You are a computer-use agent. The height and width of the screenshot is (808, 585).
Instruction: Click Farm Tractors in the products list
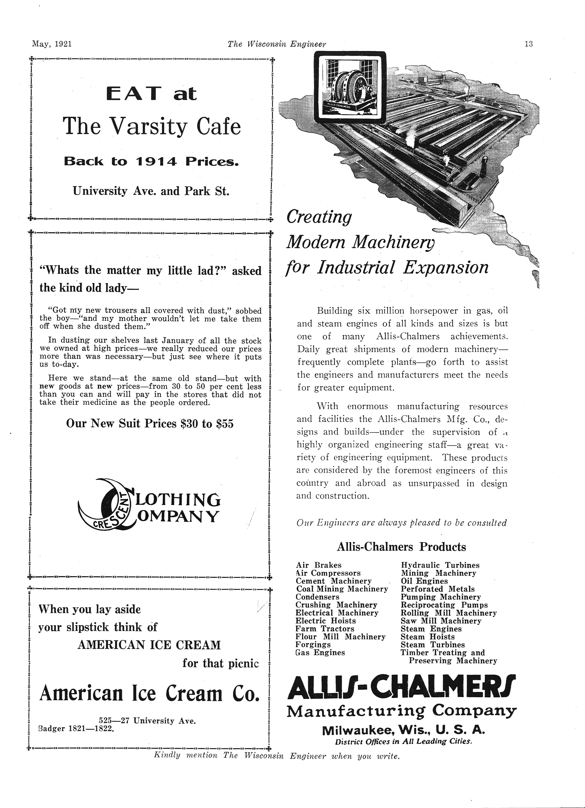click(x=325, y=629)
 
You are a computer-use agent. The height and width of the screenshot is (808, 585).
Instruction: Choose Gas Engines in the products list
click(x=320, y=653)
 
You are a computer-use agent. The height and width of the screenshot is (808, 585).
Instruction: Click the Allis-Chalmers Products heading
click(x=401, y=547)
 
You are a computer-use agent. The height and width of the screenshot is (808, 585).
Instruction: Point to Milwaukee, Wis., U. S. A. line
click(x=403, y=731)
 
